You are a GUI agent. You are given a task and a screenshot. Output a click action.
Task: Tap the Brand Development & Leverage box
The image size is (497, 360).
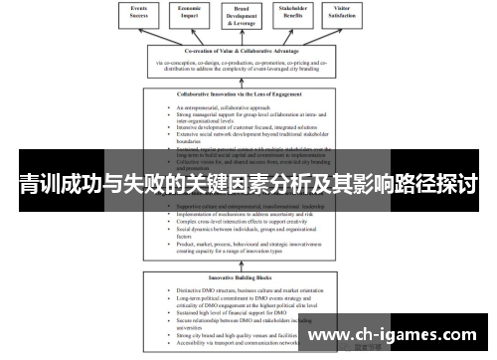[x=248, y=16]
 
